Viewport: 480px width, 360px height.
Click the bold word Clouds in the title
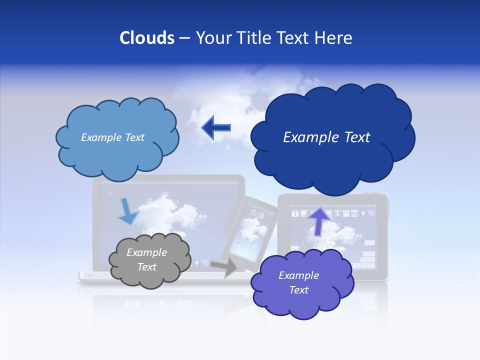[147, 38]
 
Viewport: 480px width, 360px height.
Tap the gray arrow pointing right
[224, 267]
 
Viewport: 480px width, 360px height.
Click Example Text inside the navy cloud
[326, 137]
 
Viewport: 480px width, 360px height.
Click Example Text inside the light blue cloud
[112, 137]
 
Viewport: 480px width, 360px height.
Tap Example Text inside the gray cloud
[146, 260]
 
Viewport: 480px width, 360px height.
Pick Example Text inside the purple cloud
[298, 282]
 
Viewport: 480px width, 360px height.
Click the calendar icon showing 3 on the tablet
[295, 214]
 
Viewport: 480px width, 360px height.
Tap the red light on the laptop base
[90, 274]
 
